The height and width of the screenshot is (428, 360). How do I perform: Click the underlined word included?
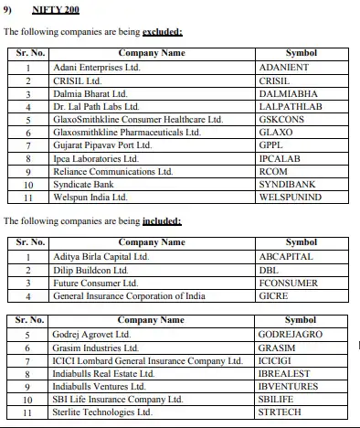[x=161, y=222]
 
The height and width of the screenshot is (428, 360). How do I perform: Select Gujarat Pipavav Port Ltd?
[x=100, y=145]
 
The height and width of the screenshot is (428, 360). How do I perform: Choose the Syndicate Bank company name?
[x=83, y=184]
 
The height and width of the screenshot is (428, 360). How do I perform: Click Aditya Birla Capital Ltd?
[x=101, y=257]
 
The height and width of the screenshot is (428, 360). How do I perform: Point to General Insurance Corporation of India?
[x=129, y=295]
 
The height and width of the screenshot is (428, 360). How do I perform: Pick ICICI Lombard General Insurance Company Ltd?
[x=143, y=360]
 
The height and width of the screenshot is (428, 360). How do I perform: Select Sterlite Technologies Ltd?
[x=101, y=412]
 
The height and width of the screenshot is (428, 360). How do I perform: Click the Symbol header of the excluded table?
[x=301, y=54]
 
